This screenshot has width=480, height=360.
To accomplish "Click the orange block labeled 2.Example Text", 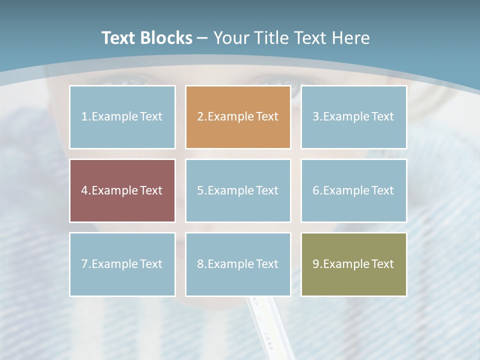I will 238,117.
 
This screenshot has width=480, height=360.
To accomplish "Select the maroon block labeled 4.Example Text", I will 122,190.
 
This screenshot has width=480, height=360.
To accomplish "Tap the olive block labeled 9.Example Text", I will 353,264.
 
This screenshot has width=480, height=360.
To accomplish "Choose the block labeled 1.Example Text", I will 122,117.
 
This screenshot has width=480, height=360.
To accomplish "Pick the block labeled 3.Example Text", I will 353,117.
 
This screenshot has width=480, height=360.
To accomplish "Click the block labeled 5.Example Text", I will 238,190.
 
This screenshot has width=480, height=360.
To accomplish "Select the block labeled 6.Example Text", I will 353,190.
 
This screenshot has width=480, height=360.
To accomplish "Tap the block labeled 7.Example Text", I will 122,264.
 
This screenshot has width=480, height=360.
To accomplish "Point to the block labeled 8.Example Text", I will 238,264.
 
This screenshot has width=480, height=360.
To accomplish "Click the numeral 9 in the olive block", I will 316,264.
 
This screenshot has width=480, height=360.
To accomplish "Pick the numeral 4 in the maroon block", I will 84,190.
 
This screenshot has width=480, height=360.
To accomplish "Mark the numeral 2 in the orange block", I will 200,117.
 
